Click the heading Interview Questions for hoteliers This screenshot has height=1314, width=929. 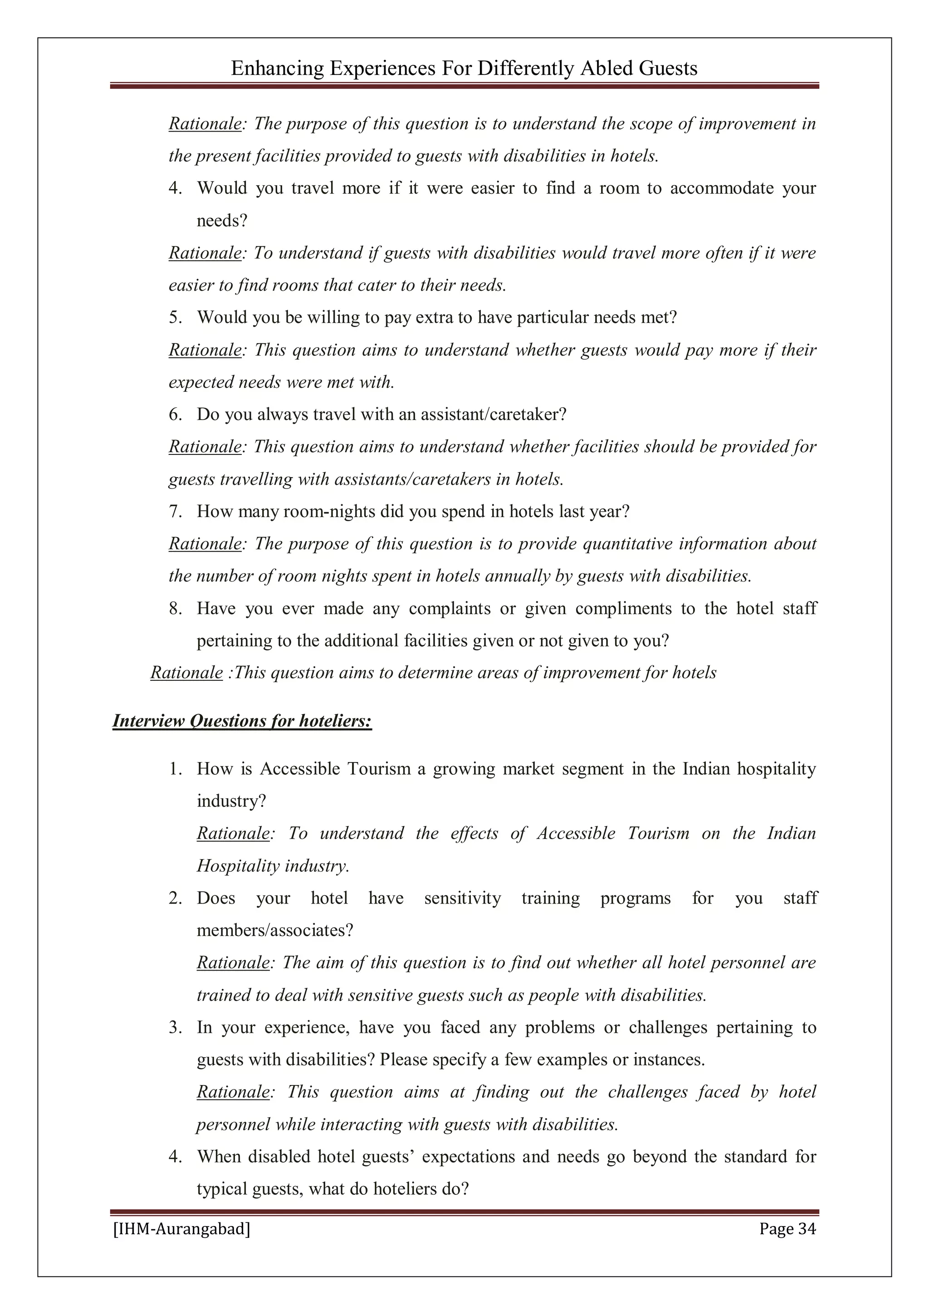pos(242,721)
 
